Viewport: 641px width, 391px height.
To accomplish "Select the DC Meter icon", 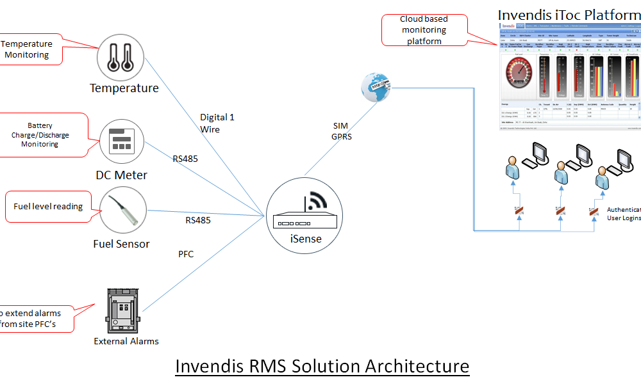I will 122,141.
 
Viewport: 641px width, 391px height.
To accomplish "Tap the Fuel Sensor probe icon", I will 122,211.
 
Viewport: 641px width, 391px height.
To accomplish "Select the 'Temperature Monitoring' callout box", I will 29,49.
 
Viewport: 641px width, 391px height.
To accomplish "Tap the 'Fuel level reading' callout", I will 47,206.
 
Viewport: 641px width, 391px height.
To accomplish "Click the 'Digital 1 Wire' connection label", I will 217,124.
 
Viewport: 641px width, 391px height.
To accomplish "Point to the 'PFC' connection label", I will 186,254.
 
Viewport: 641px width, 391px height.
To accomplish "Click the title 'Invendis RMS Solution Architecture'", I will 322,367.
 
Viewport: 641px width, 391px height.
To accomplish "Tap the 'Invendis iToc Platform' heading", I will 569,14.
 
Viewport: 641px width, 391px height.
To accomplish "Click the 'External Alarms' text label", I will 126,341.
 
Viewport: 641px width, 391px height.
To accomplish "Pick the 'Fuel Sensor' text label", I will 122,244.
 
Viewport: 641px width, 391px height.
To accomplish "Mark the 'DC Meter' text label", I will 122,175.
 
